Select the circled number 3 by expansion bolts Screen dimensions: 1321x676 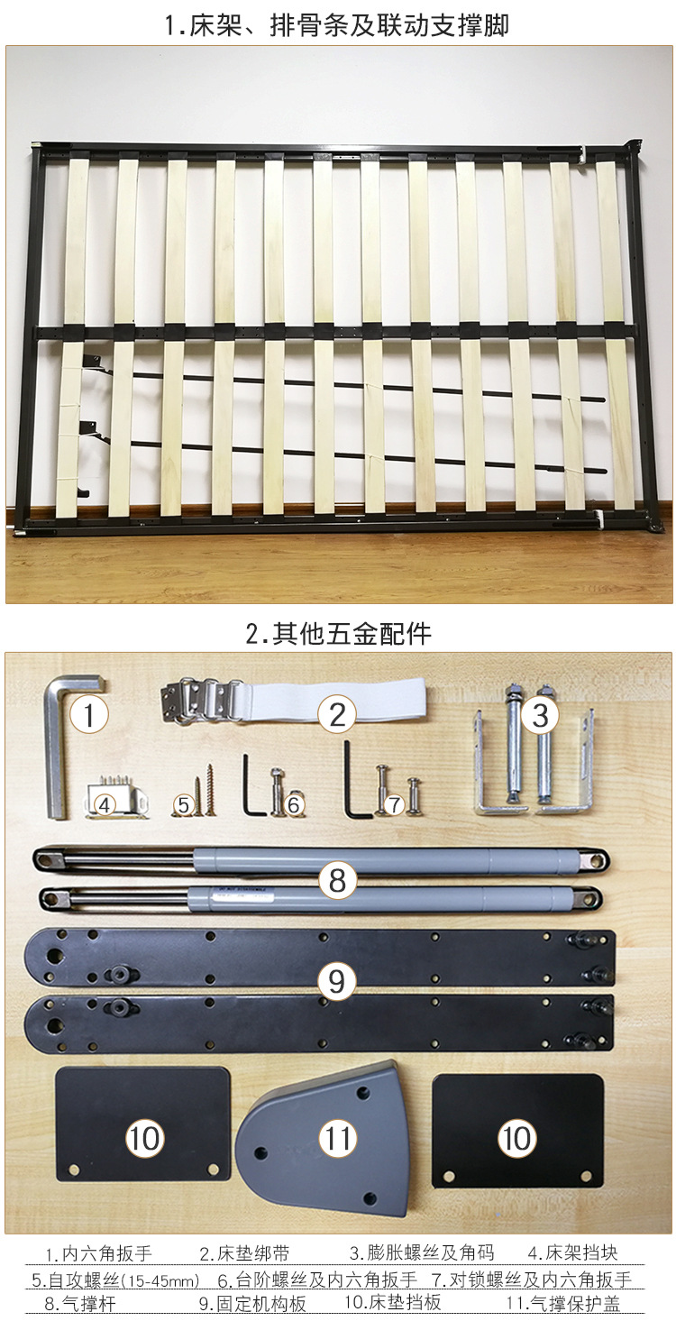[540, 715]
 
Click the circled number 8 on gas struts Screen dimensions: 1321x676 [337, 879]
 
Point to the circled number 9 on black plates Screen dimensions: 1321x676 [336, 981]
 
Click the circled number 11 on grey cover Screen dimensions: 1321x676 [338, 1138]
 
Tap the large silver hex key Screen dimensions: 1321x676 [57, 748]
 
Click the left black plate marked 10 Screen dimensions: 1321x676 [144, 1124]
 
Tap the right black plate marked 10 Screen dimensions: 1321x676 [517, 1130]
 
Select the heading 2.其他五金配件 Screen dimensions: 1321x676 [338, 633]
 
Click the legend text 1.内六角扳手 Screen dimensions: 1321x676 [99, 1254]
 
